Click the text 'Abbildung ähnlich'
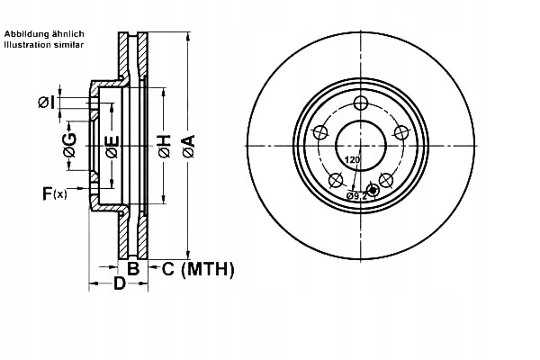44,33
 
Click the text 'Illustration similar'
45,43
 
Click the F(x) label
53,192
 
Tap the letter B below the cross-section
132,268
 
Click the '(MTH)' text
208,268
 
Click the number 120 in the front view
352,160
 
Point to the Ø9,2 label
358,195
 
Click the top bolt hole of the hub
361,103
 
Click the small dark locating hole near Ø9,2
373,189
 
